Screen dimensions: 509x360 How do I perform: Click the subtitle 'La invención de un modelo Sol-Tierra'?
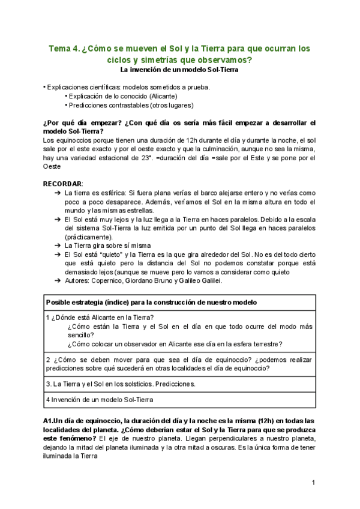[x=179, y=70]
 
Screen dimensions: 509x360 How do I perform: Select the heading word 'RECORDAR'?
[x=62, y=183]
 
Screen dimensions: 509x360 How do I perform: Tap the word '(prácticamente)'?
[x=89, y=237]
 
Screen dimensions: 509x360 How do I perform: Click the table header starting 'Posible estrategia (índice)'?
[x=152, y=301]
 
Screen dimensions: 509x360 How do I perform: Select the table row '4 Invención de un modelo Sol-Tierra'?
[x=100, y=399]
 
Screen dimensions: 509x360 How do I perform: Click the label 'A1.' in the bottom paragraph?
[x=49, y=421]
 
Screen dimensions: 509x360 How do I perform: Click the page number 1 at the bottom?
[x=313, y=483]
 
